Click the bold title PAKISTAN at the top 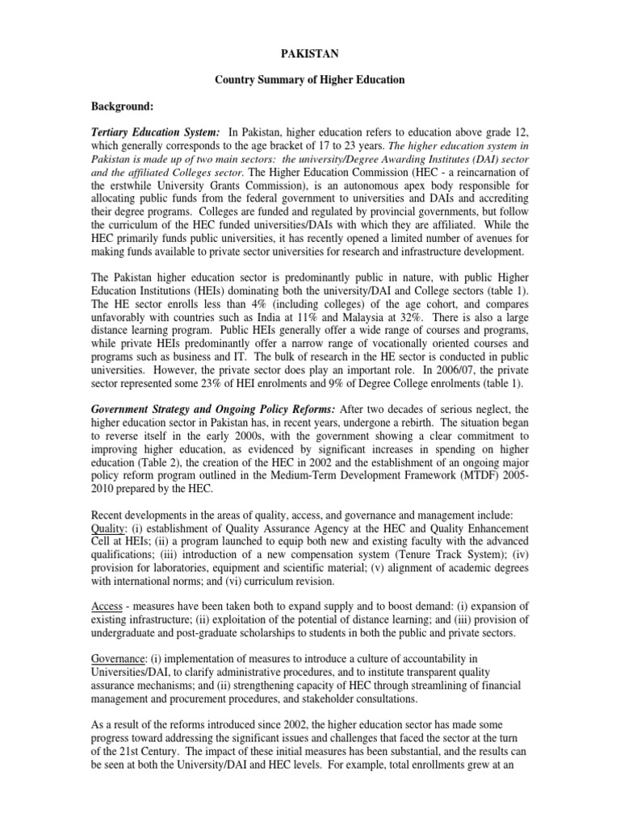[x=309, y=53]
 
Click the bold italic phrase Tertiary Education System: [x=155, y=132]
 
